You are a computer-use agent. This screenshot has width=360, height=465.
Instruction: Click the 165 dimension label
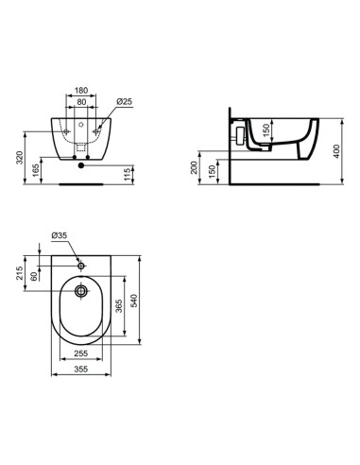tap(36, 169)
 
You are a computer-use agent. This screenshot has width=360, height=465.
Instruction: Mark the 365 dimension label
tap(120, 310)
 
